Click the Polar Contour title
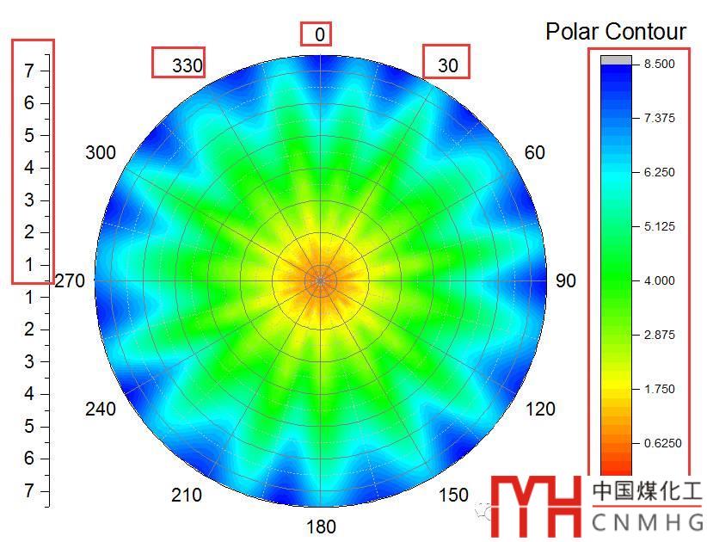tap(616, 32)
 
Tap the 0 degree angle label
tap(320, 34)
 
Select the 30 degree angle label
tap(448, 65)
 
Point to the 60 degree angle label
tap(534, 152)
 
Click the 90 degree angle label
tap(566, 280)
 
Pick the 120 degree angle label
tap(540, 409)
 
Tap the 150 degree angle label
tap(453, 495)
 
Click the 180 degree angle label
tap(322, 527)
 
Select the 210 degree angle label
tap(187, 495)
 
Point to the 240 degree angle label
tap(101, 409)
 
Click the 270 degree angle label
tap(71, 280)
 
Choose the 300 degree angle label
tap(101, 152)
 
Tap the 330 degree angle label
tap(187, 65)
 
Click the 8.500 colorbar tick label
tap(654, 64)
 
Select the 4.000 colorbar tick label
tap(654, 280)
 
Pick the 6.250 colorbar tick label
tap(654, 172)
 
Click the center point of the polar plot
tap(321, 280)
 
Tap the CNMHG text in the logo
tap(647, 521)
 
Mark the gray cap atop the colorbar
tap(615, 60)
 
